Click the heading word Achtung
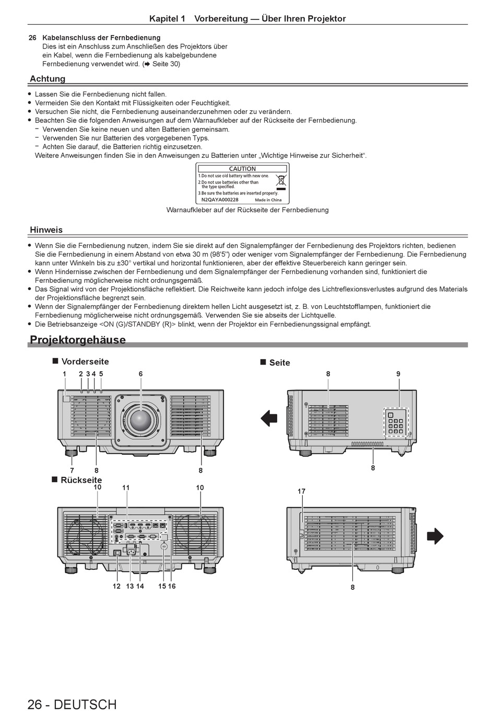[x=48, y=79]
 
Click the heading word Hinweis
[x=46, y=230]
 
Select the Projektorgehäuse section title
[x=78, y=340]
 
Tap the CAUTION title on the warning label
[x=242, y=169]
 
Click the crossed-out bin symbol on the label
[x=281, y=181]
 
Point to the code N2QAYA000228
[x=220, y=200]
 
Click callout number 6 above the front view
[x=140, y=374]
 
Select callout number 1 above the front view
[x=65, y=374]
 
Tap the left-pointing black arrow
[x=269, y=418]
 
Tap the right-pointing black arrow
[x=434, y=536]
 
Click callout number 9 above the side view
[x=398, y=374]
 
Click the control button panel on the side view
[x=396, y=422]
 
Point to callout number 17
[x=301, y=491]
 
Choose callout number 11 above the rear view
[x=126, y=488]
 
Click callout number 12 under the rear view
[x=116, y=586]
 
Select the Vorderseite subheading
[x=85, y=361]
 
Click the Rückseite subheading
[x=81, y=480]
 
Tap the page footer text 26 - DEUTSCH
[x=72, y=704]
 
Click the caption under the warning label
[x=247, y=210]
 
